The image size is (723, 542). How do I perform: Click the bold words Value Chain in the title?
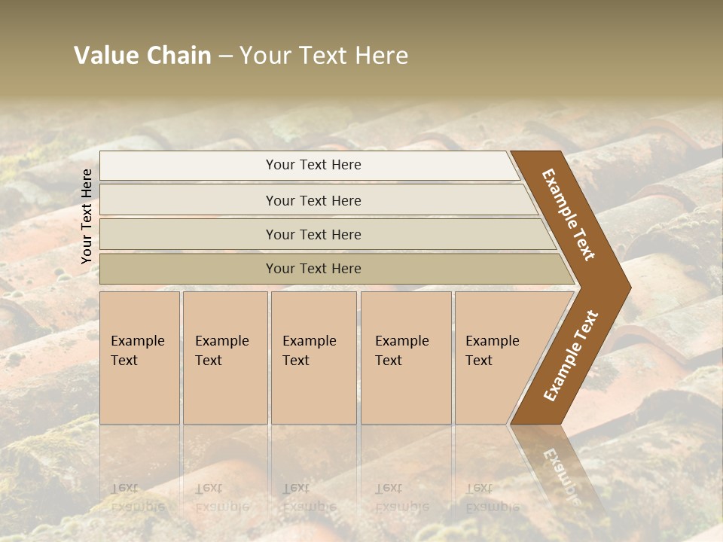pos(142,56)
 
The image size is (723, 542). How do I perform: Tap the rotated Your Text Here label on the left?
pos(87,216)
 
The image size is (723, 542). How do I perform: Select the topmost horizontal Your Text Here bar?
pos(313,165)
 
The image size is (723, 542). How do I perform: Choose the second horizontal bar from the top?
pos(313,200)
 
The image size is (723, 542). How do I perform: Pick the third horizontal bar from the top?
pos(313,234)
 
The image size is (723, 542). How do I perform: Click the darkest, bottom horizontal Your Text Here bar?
pos(313,269)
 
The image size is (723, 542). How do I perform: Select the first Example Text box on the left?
pos(139,358)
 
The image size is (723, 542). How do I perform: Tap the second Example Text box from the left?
pos(224,358)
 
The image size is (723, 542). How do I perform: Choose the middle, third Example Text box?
pos(313,358)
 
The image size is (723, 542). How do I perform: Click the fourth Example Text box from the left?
pos(405,358)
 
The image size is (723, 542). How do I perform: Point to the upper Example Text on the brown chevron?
pos(569,215)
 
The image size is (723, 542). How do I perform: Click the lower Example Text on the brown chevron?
pos(571,355)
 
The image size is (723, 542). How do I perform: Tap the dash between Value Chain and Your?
pos(225,56)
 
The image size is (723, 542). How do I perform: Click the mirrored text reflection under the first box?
pos(137,497)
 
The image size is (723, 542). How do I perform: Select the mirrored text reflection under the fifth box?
pos(491,497)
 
